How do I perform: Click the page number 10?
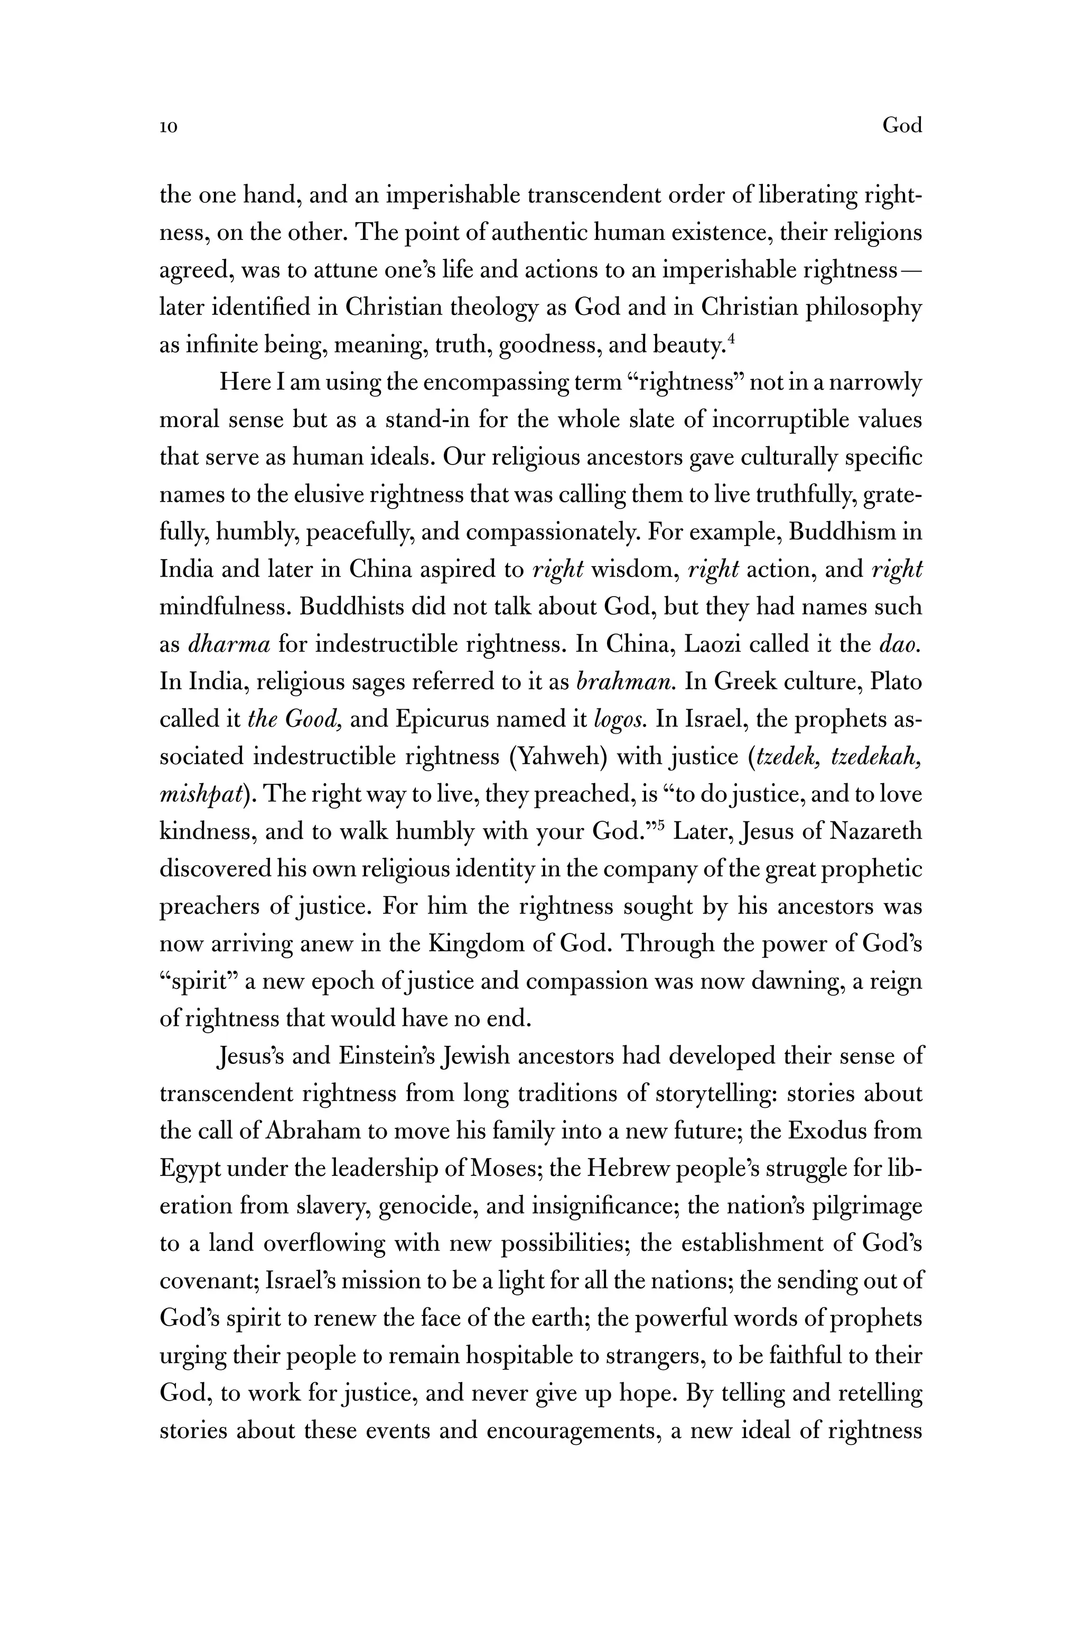(169, 127)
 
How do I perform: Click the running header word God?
(902, 126)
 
